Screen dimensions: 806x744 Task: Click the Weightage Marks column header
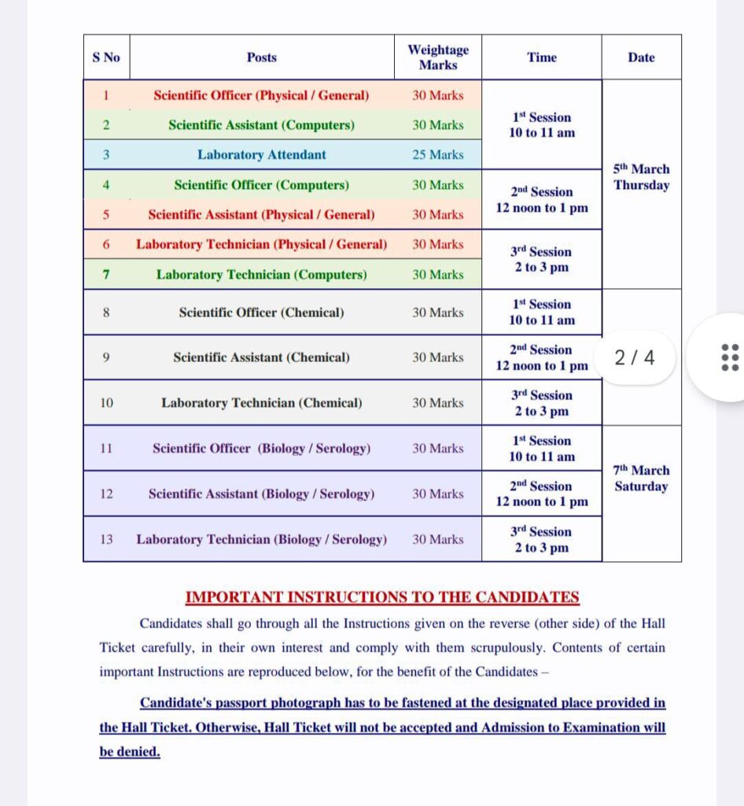point(438,57)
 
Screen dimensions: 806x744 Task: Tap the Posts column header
point(262,57)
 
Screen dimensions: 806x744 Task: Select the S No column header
point(106,57)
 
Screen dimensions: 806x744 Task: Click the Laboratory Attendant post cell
point(262,155)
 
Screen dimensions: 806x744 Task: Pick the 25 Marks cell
point(438,155)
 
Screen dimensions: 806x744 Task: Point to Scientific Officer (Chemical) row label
point(262,312)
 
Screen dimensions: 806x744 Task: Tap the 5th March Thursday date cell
point(641,177)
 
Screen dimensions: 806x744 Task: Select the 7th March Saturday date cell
point(641,479)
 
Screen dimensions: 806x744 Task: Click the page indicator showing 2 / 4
point(634,358)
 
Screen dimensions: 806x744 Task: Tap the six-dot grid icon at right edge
point(730,357)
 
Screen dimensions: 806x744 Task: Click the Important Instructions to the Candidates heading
point(382,597)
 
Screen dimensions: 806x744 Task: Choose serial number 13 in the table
point(106,539)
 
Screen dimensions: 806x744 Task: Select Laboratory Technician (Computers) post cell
point(262,275)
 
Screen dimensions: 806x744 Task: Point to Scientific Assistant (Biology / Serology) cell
point(262,494)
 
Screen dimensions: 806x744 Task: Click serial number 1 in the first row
point(106,96)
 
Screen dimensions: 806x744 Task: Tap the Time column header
point(542,57)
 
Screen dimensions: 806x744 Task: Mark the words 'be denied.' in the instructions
point(130,752)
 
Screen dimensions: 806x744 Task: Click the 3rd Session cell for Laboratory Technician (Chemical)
point(542,403)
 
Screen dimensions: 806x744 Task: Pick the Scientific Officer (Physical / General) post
point(262,96)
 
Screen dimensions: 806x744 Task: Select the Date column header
point(641,57)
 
